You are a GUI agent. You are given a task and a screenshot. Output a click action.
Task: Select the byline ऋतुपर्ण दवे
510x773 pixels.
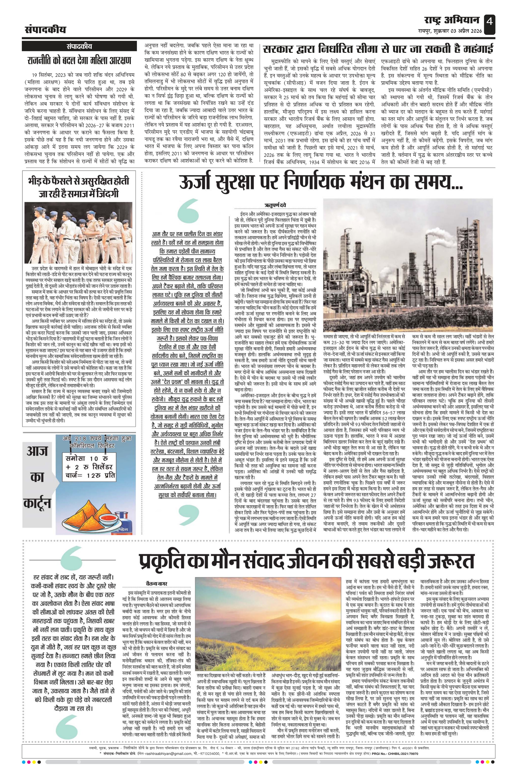pyautogui.click(x=275, y=205)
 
